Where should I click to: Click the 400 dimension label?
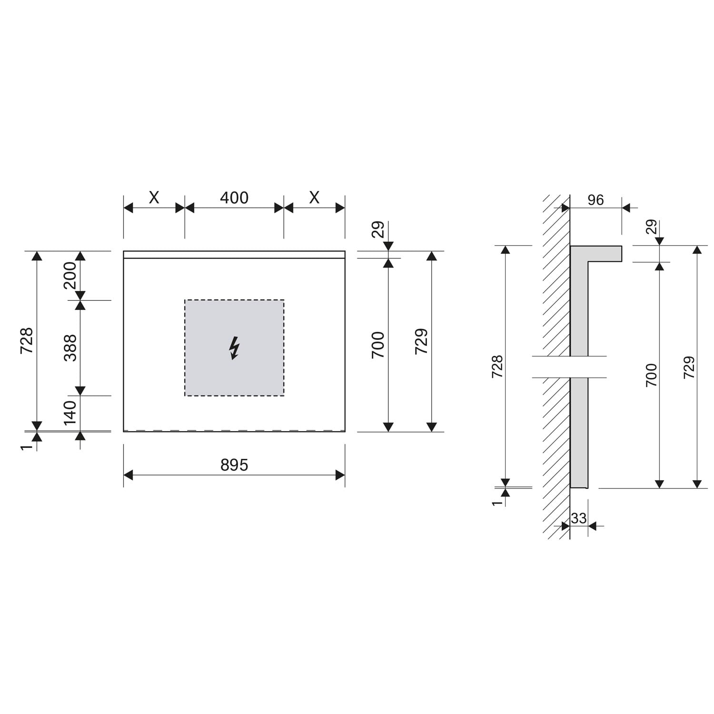(x=234, y=198)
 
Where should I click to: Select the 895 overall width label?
(x=234, y=465)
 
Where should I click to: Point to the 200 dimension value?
(x=70, y=275)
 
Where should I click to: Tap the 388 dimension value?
(x=70, y=348)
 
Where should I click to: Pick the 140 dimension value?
(x=70, y=412)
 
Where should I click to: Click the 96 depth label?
(x=595, y=200)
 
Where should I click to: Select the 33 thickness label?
(x=579, y=518)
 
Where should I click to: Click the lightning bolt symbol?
(x=234, y=348)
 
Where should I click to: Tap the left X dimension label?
(x=154, y=198)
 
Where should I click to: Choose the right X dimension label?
(x=314, y=198)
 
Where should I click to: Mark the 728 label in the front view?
(x=27, y=340)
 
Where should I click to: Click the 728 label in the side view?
(x=497, y=367)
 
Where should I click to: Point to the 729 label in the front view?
(x=421, y=341)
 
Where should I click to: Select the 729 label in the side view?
(x=689, y=367)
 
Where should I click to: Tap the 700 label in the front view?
(x=377, y=345)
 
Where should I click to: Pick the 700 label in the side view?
(x=651, y=375)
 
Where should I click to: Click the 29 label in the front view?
(x=377, y=230)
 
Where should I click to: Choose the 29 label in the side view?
(x=651, y=227)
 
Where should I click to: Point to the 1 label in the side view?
(x=497, y=503)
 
